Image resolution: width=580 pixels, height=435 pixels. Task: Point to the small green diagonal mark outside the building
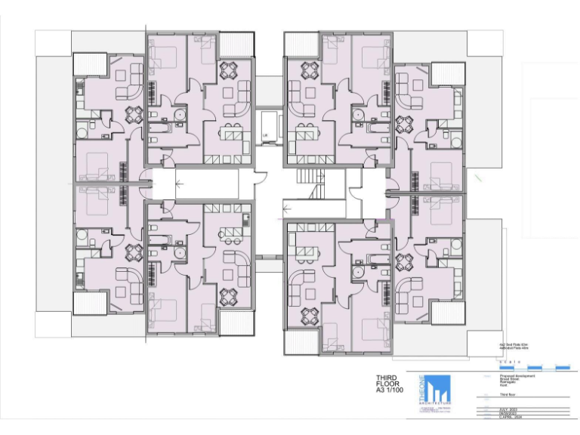coord(480,178)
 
